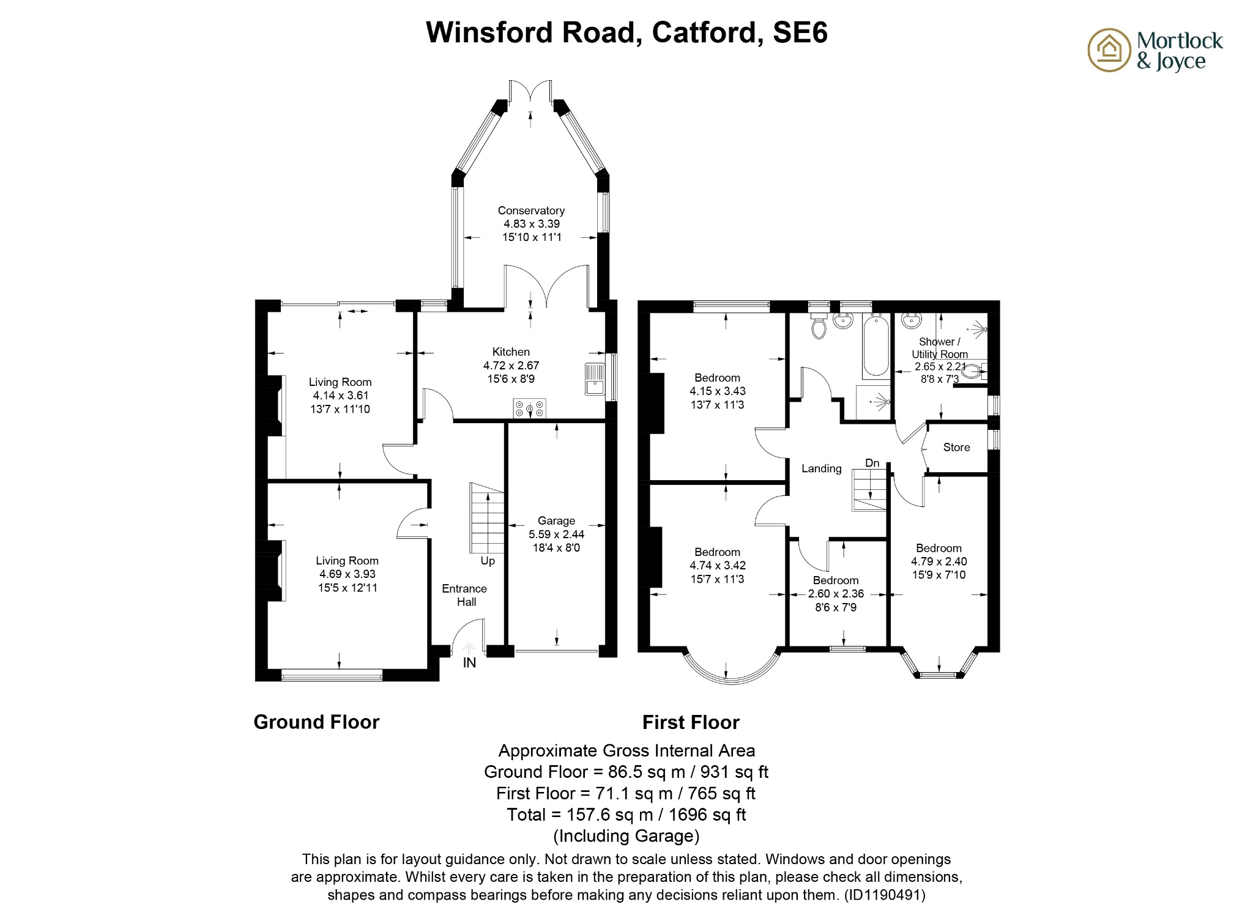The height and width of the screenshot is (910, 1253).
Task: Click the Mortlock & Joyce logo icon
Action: coord(1109,50)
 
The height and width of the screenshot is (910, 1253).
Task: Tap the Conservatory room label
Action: coord(530,210)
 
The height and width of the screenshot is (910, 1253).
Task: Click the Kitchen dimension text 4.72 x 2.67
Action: coord(511,366)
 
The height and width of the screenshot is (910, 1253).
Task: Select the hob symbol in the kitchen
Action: coord(529,408)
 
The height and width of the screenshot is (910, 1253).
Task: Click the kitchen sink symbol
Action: coord(594,379)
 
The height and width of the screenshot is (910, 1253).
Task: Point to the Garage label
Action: coord(556,521)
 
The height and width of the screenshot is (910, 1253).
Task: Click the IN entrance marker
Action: coord(469,663)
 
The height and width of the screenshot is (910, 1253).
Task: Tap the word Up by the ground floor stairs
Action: coord(488,561)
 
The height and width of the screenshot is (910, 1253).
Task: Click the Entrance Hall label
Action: coord(465,595)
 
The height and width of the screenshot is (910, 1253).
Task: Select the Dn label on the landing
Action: coord(872,463)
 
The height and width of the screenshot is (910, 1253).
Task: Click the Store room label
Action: coord(956,448)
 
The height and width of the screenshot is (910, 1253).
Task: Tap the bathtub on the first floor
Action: coord(876,346)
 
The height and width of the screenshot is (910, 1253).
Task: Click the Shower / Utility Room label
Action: coord(939,348)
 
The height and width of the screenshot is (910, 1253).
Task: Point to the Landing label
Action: coord(822,468)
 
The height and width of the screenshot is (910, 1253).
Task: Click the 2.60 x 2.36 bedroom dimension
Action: coord(836,594)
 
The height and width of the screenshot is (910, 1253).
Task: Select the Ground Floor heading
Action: coord(316,722)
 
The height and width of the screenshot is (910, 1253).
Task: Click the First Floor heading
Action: coord(691,723)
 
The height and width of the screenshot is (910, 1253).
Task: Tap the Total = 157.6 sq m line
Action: coord(626,815)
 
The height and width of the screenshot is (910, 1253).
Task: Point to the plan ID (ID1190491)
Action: coord(885,895)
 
